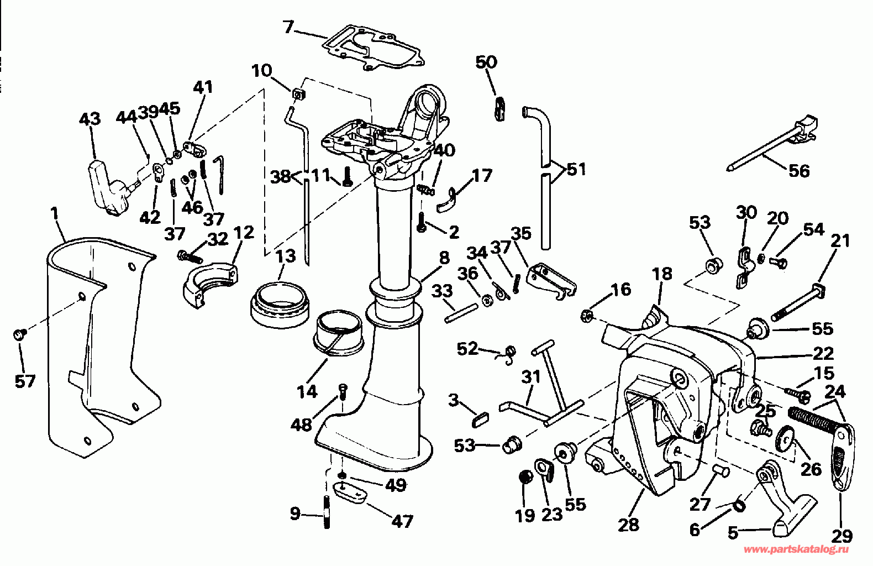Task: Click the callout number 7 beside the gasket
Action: click(x=288, y=27)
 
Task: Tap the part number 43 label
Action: click(x=90, y=119)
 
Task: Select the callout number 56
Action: click(x=799, y=171)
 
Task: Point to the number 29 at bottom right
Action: click(x=842, y=536)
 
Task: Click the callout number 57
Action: click(x=25, y=381)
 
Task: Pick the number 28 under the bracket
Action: click(x=629, y=525)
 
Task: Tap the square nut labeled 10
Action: click(x=298, y=95)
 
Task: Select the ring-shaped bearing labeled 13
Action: click(x=280, y=303)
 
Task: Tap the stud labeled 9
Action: click(x=327, y=511)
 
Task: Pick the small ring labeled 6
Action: click(x=739, y=506)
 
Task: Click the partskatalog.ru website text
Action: click(x=796, y=549)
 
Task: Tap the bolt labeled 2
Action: click(x=422, y=223)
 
